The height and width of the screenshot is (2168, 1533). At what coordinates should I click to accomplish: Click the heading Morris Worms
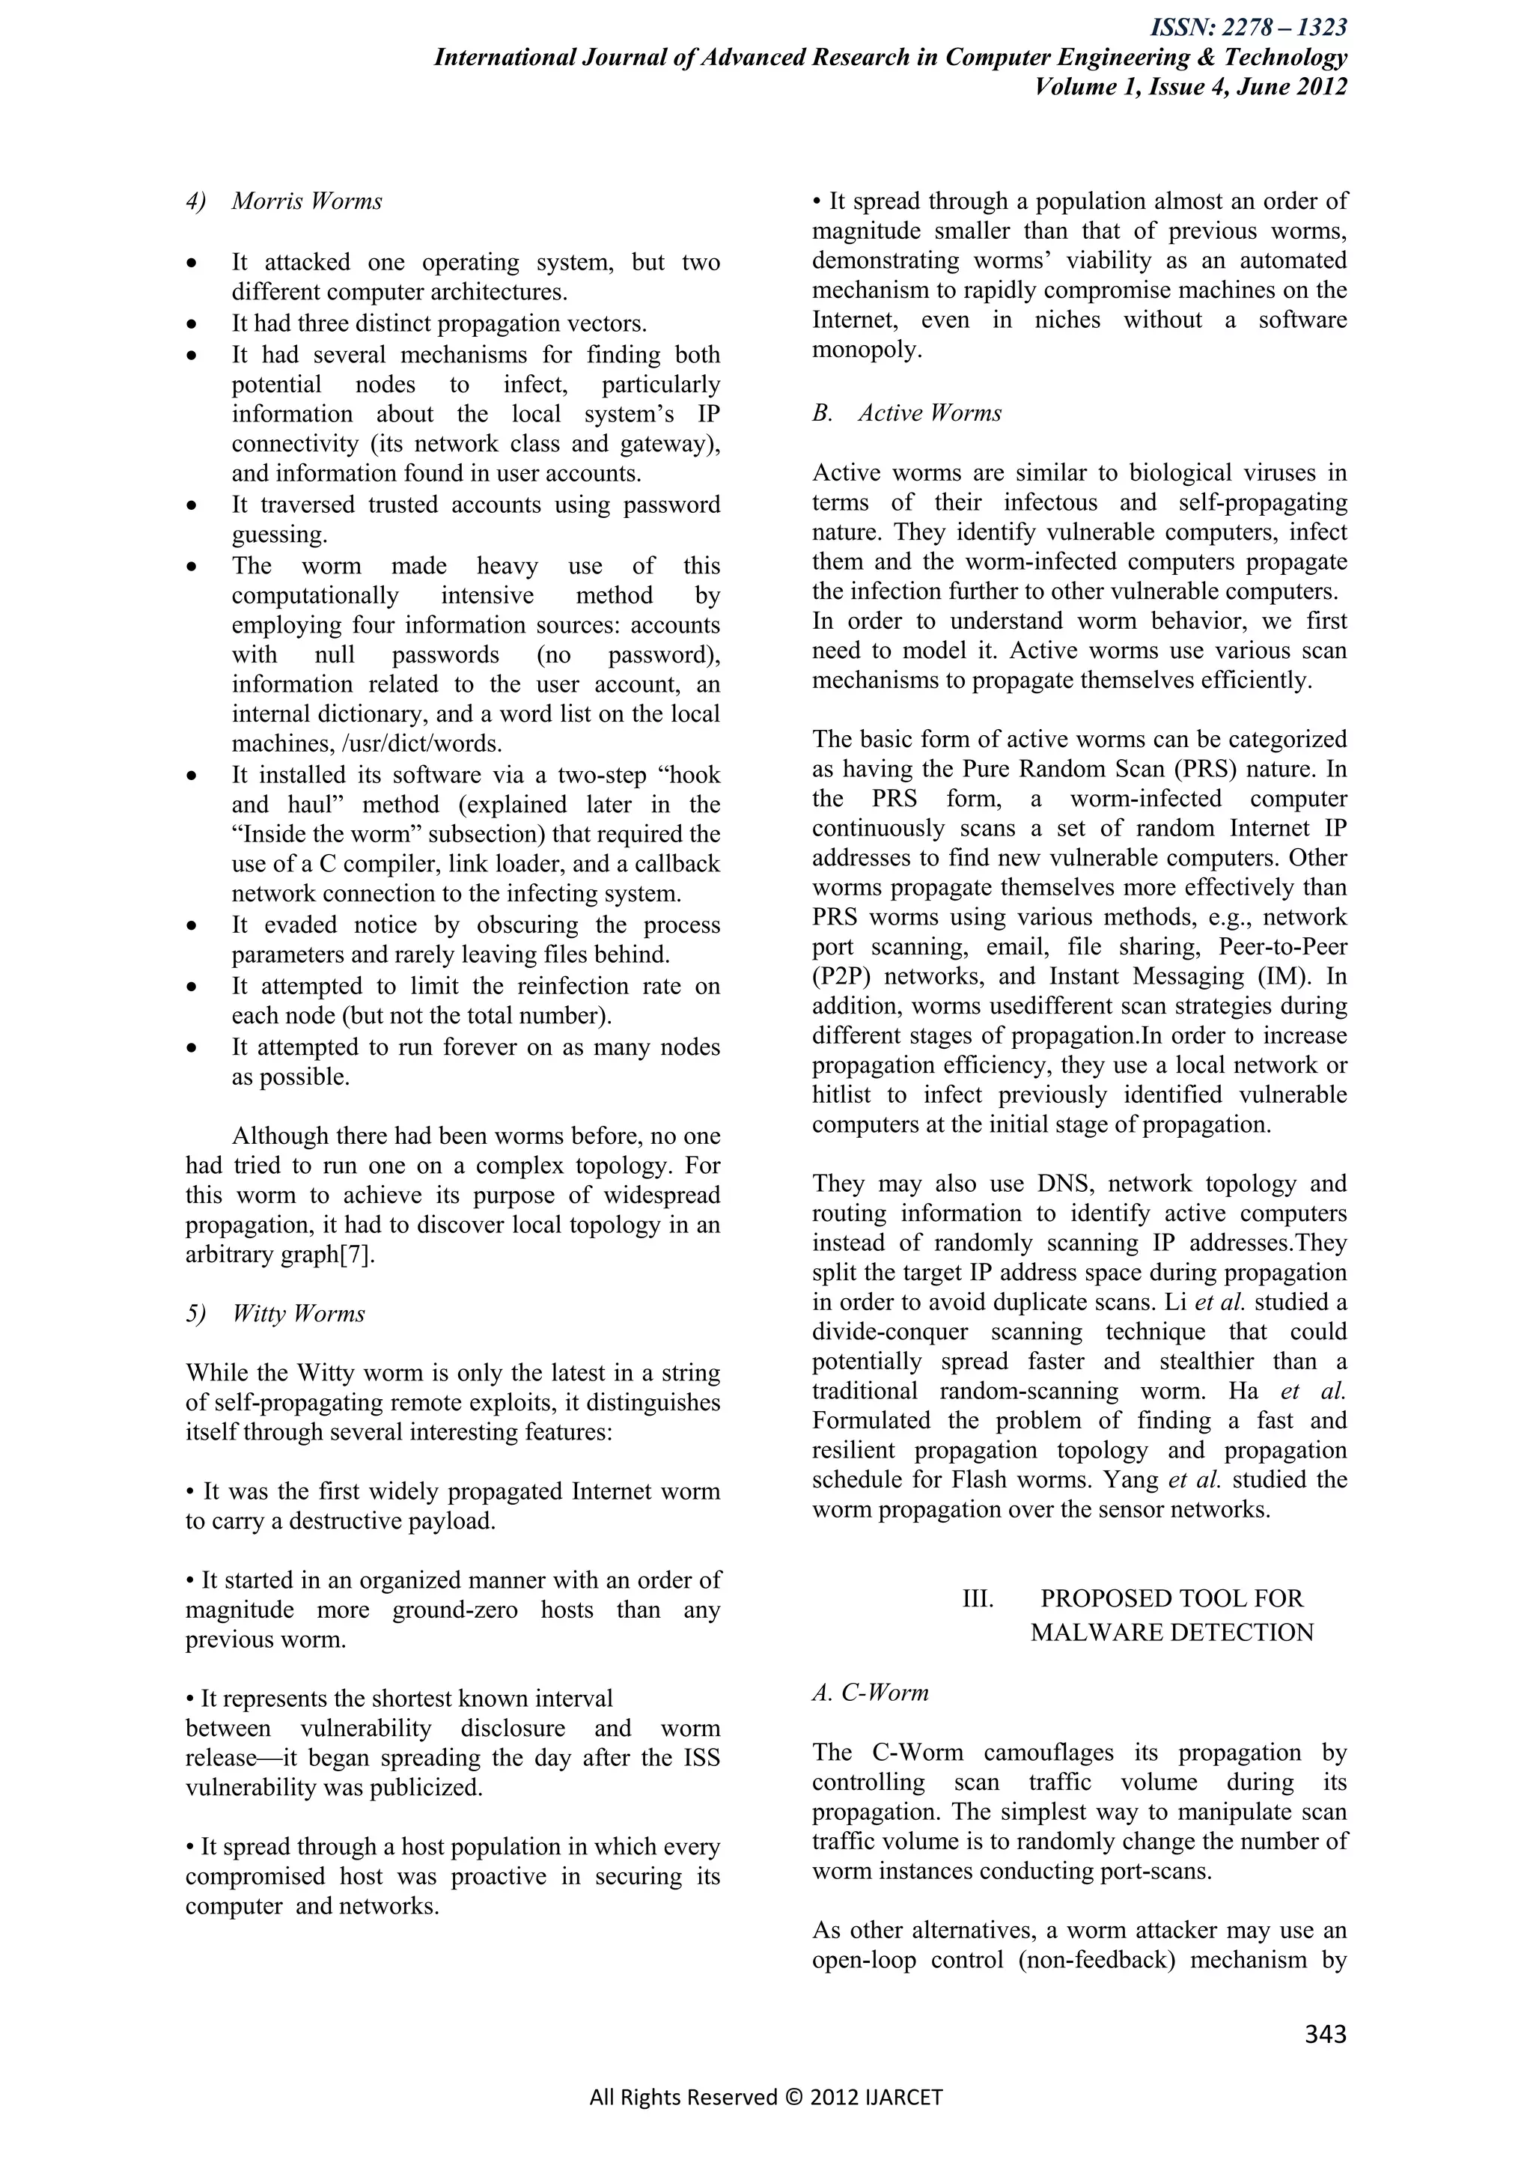pos(307,201)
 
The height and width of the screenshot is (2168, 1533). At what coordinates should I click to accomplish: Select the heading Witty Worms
pos(299,1314)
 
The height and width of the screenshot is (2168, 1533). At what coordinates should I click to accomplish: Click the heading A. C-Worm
pos(871,1692)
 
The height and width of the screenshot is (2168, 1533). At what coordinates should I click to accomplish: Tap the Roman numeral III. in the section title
pos(977,1598)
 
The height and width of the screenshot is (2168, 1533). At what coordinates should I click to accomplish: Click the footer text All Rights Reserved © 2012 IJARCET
pos(766,2097)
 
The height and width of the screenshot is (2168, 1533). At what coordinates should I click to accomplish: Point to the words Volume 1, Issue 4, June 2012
pos(1190,87)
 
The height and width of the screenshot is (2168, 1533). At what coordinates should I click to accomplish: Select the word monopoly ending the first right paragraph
pos(865,350)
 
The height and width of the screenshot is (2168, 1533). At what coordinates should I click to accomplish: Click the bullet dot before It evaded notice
pos(192,926)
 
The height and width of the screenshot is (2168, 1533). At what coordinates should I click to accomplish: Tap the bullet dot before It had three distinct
pos(192,325)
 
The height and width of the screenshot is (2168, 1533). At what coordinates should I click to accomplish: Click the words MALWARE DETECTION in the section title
pos(1171,1633)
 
